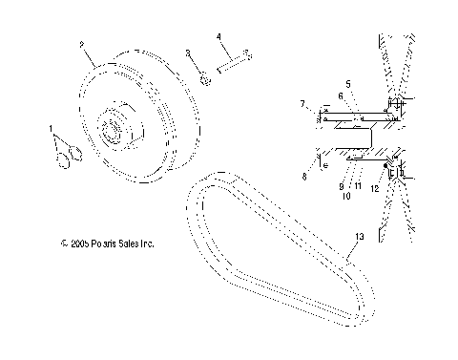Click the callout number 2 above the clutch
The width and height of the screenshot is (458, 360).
83,44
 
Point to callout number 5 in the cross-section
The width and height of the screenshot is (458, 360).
348,83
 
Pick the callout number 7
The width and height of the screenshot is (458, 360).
302,102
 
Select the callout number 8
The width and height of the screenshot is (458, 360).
303,176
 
